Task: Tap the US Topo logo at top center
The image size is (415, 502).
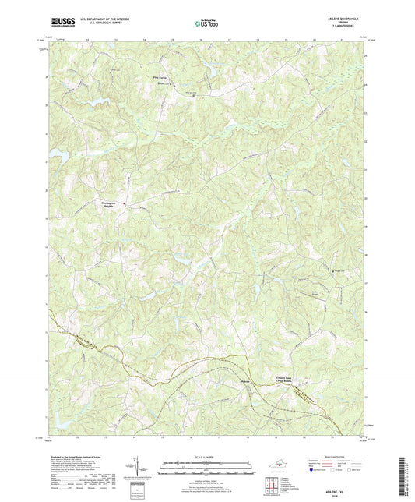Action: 206,24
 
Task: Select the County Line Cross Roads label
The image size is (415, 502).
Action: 287,379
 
